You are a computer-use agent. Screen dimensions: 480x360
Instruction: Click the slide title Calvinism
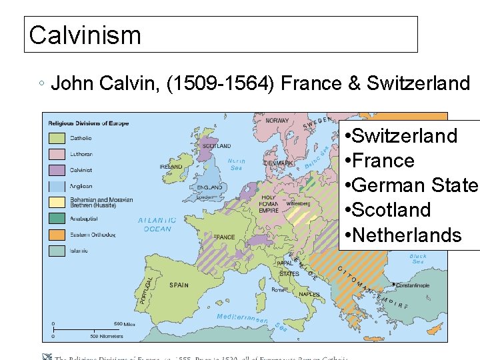point(85,35)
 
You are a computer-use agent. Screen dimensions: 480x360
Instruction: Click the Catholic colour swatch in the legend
point(57,139)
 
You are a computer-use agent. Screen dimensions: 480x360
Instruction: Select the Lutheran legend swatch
point(57,155)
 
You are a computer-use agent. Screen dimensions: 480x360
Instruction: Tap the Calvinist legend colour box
point(57,171)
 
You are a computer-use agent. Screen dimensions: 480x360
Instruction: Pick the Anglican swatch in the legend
point(57,187)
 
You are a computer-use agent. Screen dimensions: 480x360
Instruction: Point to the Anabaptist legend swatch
point(57,218)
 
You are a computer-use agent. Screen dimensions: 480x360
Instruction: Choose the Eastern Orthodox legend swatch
point(57,235)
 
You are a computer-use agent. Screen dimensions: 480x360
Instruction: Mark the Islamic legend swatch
point(57,251)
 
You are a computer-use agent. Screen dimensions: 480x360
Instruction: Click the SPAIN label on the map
point(179,285)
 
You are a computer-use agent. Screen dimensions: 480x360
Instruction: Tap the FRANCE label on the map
point(224,237)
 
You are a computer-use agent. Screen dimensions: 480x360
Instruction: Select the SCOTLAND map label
point(216,146)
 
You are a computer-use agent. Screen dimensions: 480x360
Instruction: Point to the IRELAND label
point(171,167)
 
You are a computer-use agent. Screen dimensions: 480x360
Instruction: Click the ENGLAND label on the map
point(209,187)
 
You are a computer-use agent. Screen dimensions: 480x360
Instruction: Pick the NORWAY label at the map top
point(277,121)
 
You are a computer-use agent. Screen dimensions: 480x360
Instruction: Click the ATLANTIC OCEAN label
point(157,225)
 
